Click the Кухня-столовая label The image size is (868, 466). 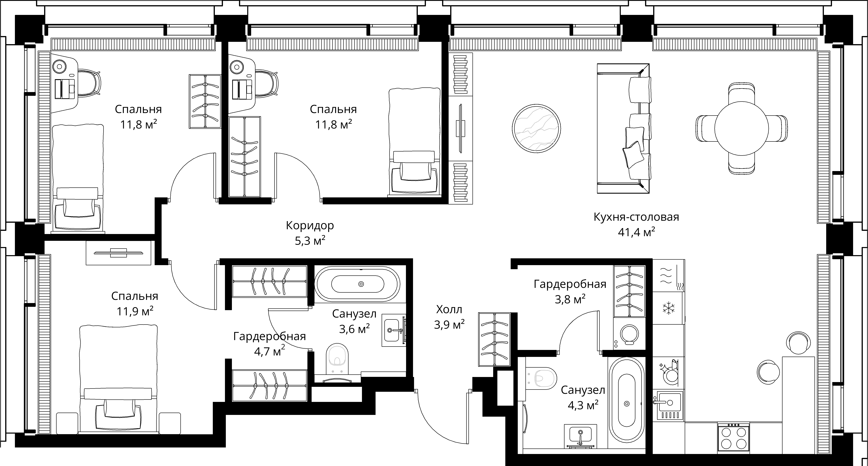click(x=636, y=217)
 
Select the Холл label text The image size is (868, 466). click(x=449, y=309)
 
